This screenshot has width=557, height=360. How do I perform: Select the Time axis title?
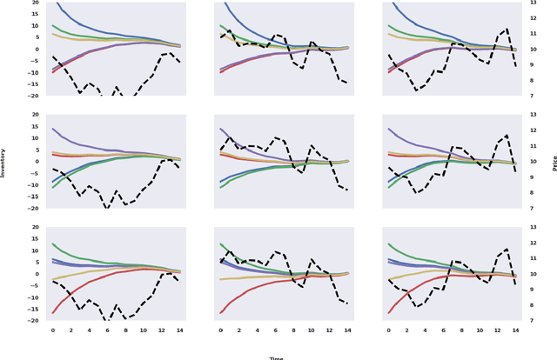[276, 357]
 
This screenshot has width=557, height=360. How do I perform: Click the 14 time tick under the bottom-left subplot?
[180, 330]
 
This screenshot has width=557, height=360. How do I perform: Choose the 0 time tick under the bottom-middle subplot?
[221, 330]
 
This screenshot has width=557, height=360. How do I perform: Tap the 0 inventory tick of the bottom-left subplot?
[36, 274]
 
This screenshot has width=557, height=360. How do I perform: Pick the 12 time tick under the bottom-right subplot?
[500, 330]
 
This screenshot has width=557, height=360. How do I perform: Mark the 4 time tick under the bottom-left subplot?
[90, 330]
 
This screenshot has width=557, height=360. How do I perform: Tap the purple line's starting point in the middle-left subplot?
[52, 129]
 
